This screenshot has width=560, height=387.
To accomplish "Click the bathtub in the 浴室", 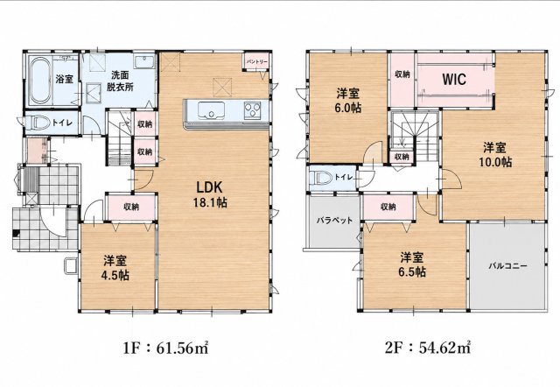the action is (40, 81).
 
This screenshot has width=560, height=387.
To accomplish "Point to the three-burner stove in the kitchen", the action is (252, 110).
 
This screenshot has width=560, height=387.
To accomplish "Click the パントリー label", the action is (256, 61).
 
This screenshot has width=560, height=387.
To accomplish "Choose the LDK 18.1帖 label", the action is (210, 194).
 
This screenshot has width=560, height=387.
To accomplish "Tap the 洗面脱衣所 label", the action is (120, 81).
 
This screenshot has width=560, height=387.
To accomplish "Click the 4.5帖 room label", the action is (115, 268).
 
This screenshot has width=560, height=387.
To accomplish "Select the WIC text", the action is (454, 79).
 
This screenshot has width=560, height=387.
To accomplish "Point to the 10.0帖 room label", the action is (495, 154).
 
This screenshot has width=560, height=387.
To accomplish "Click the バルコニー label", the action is (507, 266).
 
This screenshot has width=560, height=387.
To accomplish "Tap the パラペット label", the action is (334, 221).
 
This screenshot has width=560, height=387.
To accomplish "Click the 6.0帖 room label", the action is (348, 101).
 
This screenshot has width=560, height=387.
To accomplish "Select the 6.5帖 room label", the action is (412, 264).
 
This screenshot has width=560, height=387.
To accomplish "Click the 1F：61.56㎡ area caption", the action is (165, 348).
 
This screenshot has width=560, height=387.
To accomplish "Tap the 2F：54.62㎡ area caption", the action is (428, 348).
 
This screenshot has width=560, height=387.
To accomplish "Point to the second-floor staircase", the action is (414, 137).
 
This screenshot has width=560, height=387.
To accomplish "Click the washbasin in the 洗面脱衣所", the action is (144, 62).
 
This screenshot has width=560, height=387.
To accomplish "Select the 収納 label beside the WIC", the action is (402, 74).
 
